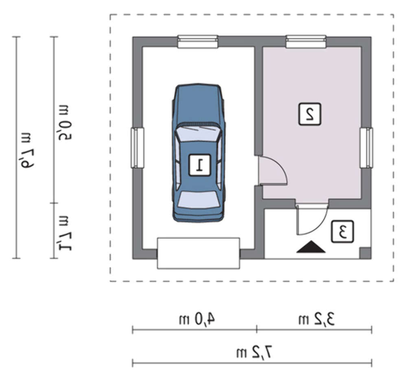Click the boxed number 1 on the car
tap(199, 165)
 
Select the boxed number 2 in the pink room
tap(310, 114)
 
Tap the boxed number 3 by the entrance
tap(342, 232)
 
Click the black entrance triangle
tap(311, 247)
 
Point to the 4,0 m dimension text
tap(197, 319)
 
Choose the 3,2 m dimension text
tap(316, 319)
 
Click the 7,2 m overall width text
tap(254, 352)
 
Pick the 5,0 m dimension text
tap(65, 123)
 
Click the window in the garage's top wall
tap(198, 42)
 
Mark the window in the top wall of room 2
tap(306, 42)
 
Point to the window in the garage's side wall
tap(137, 148)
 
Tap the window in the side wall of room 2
tap(366, 148)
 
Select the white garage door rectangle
tap(199, 253)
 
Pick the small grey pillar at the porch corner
tap(365, 253)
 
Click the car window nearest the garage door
tap(199, 199)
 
